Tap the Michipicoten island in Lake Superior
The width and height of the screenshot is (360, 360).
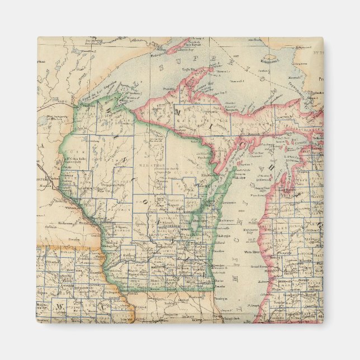[269, 58]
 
